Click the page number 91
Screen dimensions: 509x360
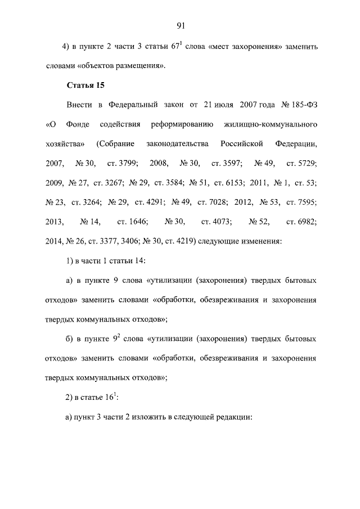coord(181,25)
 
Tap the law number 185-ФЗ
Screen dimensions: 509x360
coord(298,105)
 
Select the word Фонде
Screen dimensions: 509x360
coord(74,124)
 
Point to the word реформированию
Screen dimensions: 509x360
coord(182,124)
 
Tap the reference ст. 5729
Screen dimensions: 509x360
coord(301,163)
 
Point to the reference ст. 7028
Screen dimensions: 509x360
coord(214,202)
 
